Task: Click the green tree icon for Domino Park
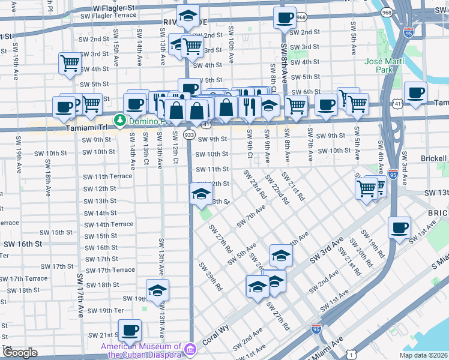pos(119,121)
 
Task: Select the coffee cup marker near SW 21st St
pos(130,330)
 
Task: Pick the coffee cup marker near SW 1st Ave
pos(400,228)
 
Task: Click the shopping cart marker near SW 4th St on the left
pos(70,63)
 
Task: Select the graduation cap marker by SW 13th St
pos(202,194)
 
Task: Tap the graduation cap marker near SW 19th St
pos(157,290)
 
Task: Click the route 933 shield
pos(189,136)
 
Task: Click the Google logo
pos(20,353)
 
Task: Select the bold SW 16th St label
pos(22,244)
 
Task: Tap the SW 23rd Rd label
pos(255,184)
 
